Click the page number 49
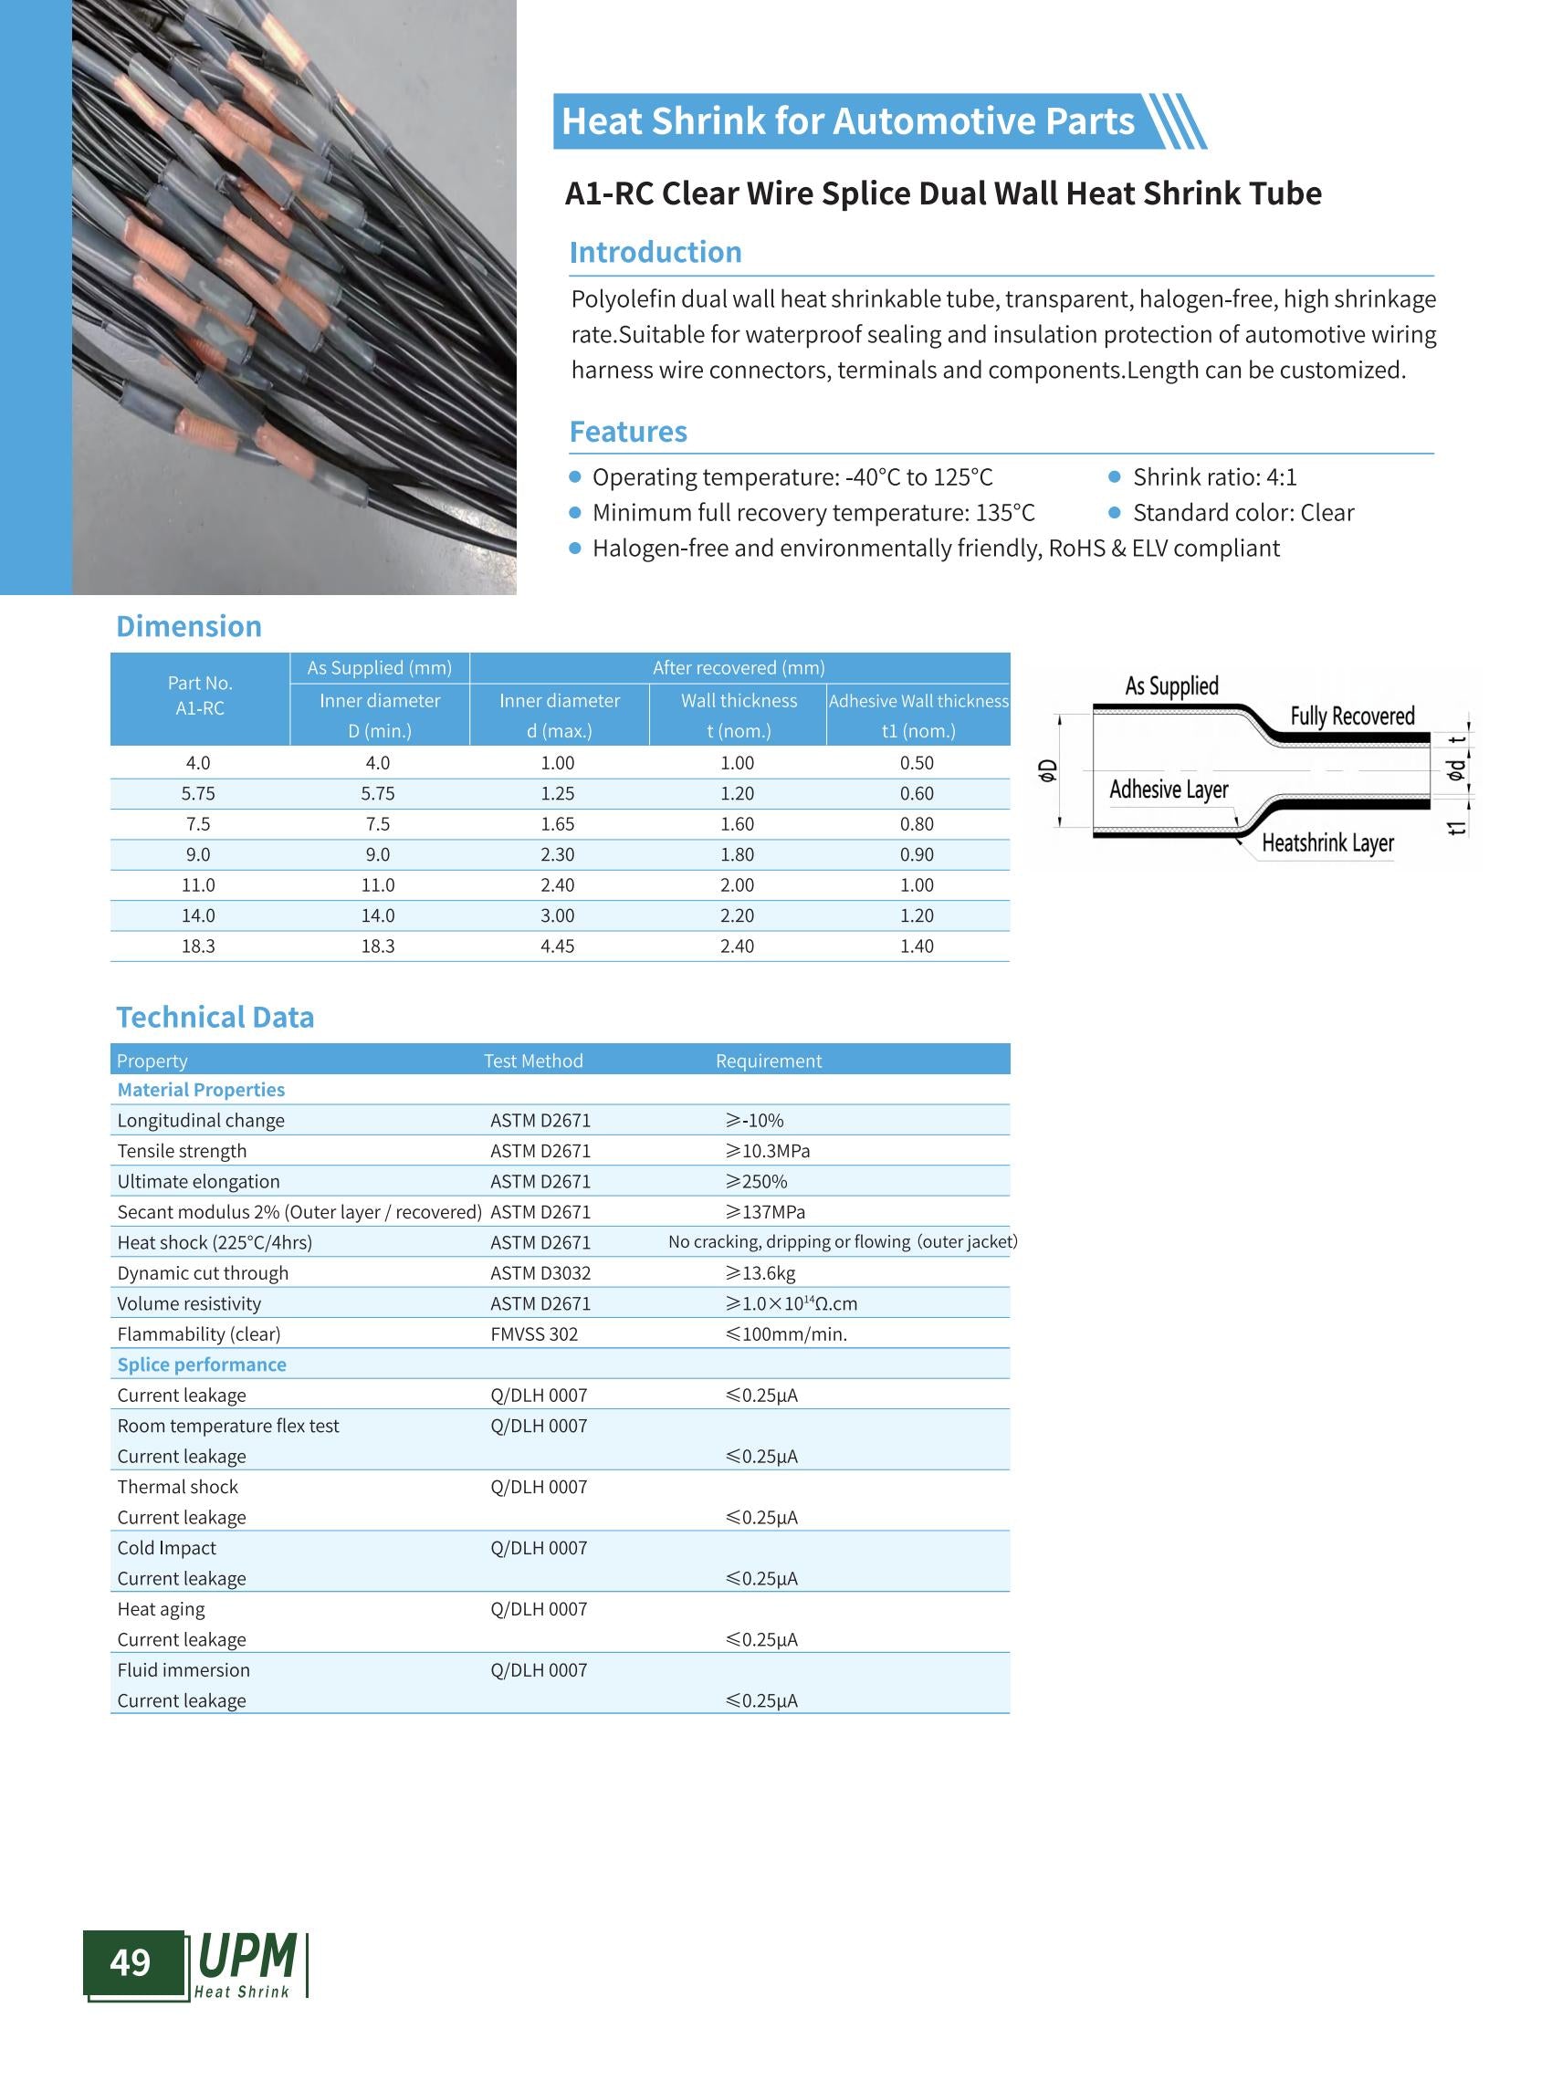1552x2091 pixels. pos(130,1961)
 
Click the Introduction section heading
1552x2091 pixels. pos(655,252)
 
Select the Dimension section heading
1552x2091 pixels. pos(188,625)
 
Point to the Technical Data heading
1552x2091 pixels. pos(215,1017)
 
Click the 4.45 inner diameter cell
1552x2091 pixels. pos(557,946)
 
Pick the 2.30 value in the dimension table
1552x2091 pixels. pos(557,855)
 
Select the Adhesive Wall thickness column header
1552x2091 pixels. pos(918,701)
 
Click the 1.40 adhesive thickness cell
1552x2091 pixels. pos(916,946)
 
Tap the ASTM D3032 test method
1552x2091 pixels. pos(540,1273)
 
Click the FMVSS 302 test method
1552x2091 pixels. pos(534,1333)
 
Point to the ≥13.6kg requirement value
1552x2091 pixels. pos(760,1273)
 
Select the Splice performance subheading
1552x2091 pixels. pos(201,1364)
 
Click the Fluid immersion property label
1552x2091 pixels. pos(184,1669)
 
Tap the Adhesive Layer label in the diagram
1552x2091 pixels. pos(1168,789)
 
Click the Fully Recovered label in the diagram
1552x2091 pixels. pos(1351,716)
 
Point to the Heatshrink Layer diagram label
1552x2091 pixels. pos(1327,842)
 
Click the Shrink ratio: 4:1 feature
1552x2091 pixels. pos(1214,477)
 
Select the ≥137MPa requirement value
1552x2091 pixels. pos(765,1212)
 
